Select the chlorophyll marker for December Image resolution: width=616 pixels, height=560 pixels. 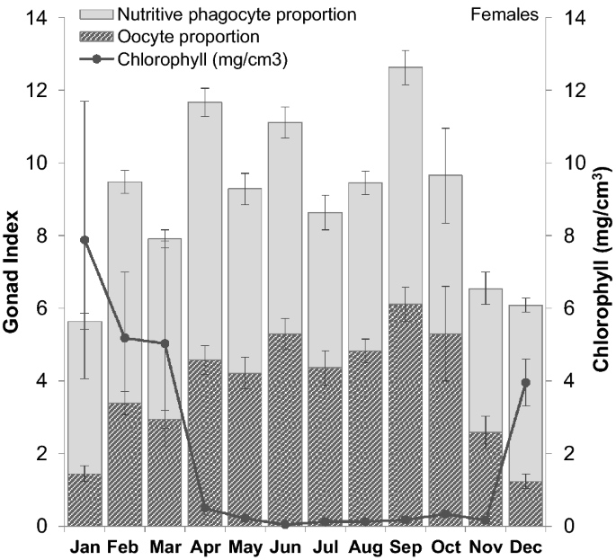(500, 383)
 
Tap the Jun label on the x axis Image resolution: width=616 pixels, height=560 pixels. (286, 547)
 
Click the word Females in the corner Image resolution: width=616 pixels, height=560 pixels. (510, 14)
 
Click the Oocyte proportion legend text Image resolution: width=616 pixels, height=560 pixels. (189, 37)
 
